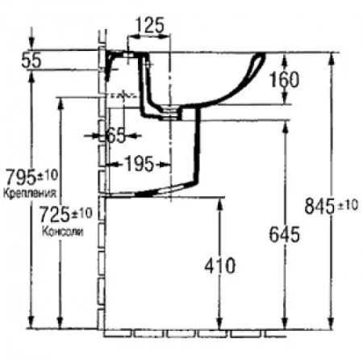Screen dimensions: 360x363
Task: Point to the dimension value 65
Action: (115, 135)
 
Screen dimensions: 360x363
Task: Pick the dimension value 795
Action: (19, 175)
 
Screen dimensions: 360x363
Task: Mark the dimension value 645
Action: (284, 234)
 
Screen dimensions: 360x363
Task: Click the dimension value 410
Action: (219, 264)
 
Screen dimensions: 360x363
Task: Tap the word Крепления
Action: (29, 194)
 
